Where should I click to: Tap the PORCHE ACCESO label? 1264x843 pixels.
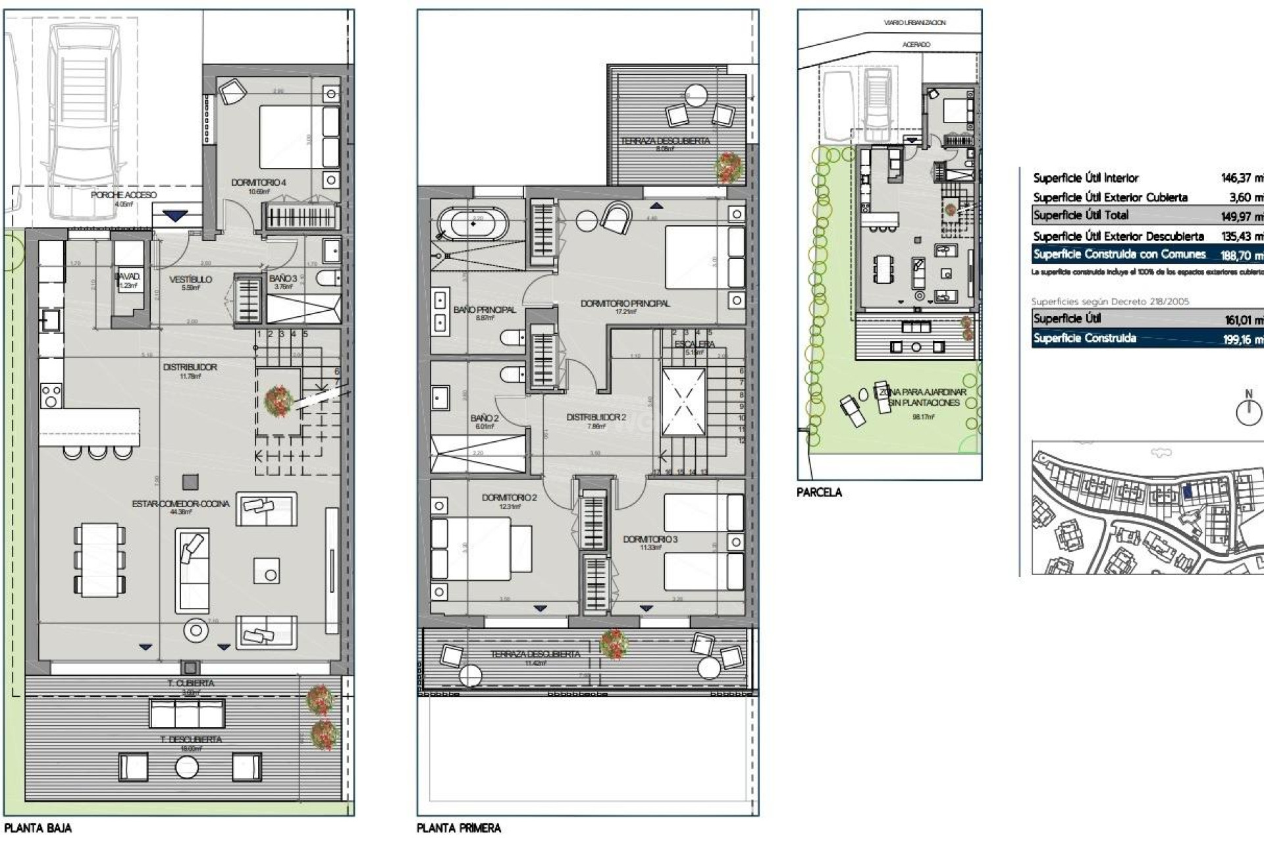(124, 195)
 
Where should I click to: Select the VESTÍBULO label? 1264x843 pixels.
(190, 279)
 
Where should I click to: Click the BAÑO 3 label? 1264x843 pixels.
(283, 279)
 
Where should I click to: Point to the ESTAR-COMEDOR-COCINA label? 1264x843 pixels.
(180, 504)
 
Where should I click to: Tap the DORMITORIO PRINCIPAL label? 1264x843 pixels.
(625, 304)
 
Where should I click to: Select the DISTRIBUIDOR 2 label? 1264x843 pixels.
(596, 418)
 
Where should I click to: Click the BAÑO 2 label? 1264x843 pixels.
(484, 418)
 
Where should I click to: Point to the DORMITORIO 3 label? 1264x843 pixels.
(650, 539)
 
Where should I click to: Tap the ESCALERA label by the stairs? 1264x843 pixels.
(695, 344)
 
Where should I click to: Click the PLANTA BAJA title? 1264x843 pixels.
(38, 829)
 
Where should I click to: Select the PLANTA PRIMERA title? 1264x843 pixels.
(458, 829)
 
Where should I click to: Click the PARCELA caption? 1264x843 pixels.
(819, 492)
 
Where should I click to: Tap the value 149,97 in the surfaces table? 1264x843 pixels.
(1240, 216)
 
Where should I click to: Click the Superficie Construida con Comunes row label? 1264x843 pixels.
(1119, 254)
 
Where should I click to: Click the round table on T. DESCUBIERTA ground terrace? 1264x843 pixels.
(186, 767)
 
